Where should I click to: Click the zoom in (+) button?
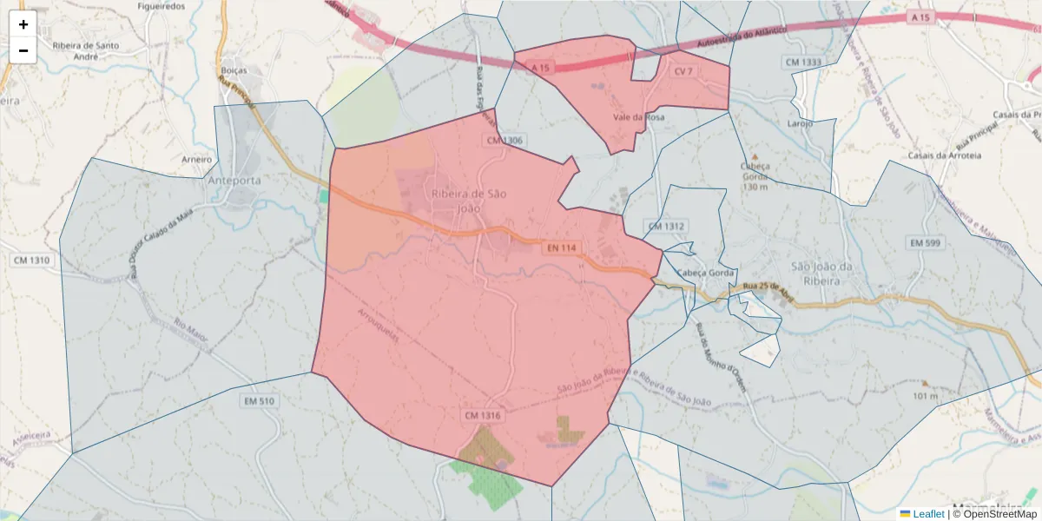[x=23, y=24]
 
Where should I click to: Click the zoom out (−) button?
[x=23, y=50]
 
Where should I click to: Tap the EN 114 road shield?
[x=562, y=248]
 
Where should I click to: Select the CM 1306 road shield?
[x=505, y=140]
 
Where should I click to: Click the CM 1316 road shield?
[x=483, y=416]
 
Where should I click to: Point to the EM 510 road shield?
[x=260, y=401]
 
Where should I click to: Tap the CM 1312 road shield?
[x=666, y=226]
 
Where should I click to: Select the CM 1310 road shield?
[x=32, y=260]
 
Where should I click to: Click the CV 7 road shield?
[x=684, y=71]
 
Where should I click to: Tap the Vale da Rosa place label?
[x=638, y=117]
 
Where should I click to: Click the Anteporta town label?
[x=234, y=181]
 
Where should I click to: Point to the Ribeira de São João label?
[x=469, y=201]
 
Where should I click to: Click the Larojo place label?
[x=799, y=123]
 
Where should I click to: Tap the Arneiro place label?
[x=197, y=160]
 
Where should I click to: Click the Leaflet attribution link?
[x=928, y=514]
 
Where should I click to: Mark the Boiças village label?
[x=234, y=70]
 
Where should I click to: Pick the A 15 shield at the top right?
[x=921, y=17]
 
